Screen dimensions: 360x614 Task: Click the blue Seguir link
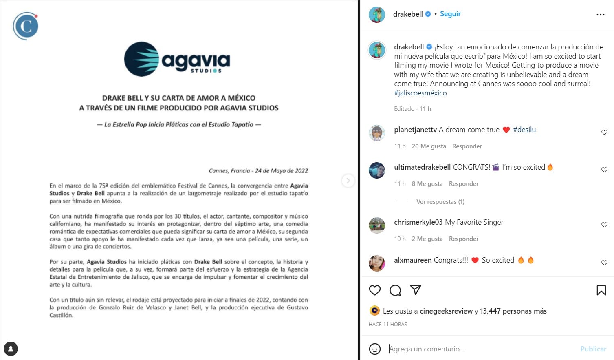(450, 14)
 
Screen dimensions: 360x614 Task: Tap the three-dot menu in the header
(600, 15)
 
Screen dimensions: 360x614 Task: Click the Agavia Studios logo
(177, 60)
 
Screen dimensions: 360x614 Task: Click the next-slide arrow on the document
(348, 180)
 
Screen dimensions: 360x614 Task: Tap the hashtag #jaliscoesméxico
(420, 93)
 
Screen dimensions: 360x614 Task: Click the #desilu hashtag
(524, 130)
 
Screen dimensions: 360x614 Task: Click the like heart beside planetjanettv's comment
(604, 132)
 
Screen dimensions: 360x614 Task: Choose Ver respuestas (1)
(440, 202)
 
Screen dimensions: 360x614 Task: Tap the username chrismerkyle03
(418, 222)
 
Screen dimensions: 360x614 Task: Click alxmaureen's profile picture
(376, 263)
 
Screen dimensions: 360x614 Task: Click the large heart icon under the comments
(375, 290)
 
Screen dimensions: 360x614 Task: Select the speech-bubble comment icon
(395, 290)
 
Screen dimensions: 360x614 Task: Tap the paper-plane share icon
(416, 290)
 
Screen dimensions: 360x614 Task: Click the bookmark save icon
(601, 290)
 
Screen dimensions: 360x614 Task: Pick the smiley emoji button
(374, 349)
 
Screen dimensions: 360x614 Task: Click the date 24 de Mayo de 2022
(281, 171)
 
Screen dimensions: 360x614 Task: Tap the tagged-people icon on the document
(11, 349)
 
